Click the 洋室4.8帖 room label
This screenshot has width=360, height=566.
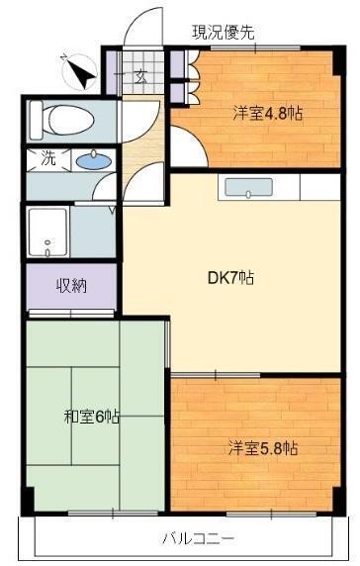[267, 114]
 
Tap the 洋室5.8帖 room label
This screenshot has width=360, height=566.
[263, 448]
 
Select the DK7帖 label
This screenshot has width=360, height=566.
[230, 278]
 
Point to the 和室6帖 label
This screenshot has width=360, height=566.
[92, 417]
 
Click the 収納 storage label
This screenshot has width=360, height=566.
[72, 286]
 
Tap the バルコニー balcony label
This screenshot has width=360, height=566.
[199, 539]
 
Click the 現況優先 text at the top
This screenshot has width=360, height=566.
[223, 33]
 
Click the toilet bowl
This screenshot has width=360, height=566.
[71, 120]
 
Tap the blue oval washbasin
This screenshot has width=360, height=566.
[94, 160]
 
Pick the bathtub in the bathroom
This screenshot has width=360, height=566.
[48, 233]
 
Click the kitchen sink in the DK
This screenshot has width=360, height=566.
[248, 188]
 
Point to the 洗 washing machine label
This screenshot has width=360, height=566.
[48, 158]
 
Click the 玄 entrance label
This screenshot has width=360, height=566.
[141, 77]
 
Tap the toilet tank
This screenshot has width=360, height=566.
[36, 120]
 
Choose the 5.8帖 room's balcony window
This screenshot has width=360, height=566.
[271, 513]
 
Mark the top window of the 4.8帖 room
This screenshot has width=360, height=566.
[255, 47]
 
